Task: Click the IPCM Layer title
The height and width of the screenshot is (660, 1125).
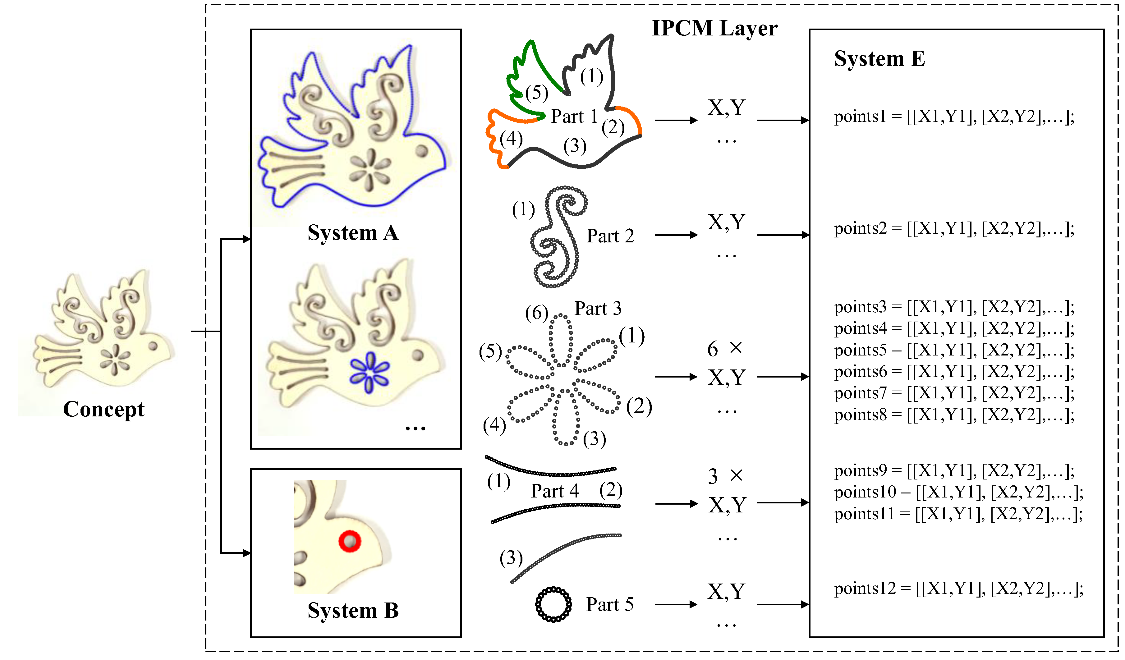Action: pyautogui.click(x=714, y=28)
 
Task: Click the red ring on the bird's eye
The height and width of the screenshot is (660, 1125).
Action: pyautogui.click(x=350, y=541)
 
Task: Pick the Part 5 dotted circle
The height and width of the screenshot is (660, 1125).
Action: pyautogui.click(x=553, y=604)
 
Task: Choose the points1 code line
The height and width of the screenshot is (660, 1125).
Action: pyautogui.click(x=954, y=117)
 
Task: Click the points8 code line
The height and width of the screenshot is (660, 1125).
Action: pyautogui.click(x=954, y=415)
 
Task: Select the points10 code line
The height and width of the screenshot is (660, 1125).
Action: pyautogui.click(x=958, y=492)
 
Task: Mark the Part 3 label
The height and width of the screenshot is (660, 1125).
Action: pyautogui.click(x=597, y=308)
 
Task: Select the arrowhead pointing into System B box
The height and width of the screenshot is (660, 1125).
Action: pyautogui.click(x=247, y=553)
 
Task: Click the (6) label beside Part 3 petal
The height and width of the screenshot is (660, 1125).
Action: pyautogui.click(x=536, y=313)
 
